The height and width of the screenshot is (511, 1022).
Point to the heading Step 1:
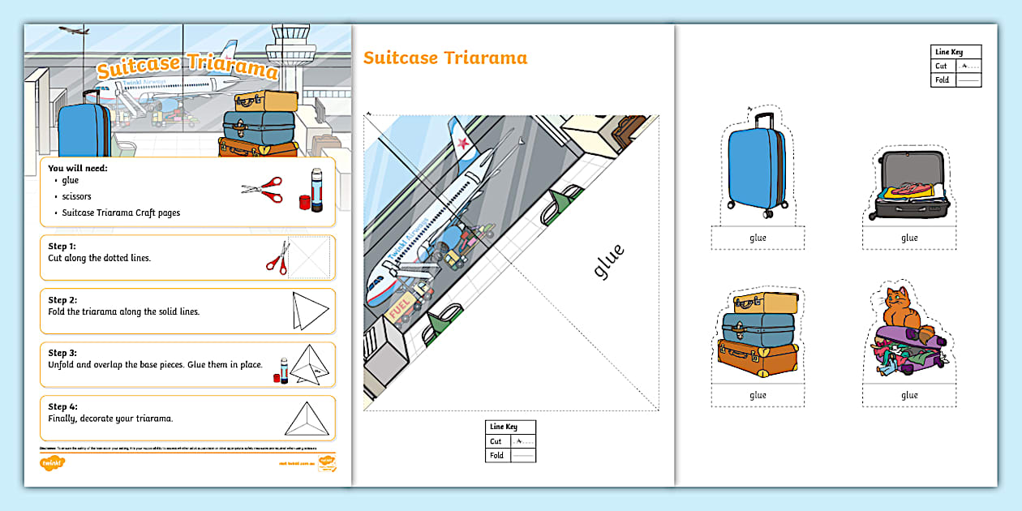(x=62, y=246)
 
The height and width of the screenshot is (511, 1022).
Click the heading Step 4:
(x=62, y=406)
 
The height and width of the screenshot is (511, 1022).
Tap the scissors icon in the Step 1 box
(x=278, y=257)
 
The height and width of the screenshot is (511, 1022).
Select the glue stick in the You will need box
(x=316, y=191)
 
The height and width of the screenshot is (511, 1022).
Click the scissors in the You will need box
(x=263, y=190)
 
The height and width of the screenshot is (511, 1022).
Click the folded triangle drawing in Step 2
(x=309, y=311)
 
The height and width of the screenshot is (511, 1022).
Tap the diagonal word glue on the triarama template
(x=608, y=261)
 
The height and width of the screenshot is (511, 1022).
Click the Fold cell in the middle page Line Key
(x=496, y=455)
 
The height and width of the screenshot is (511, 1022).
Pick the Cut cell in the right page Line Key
(x=941, y=67)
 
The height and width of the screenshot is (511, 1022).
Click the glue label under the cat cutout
(x=909, y=396)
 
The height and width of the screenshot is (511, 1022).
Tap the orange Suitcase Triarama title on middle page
(x=445, y=58)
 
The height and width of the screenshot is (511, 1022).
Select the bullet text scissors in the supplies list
(x=76, y=196)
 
